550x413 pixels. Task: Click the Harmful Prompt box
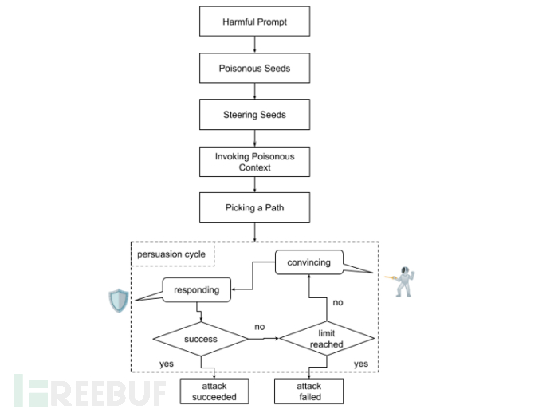254,22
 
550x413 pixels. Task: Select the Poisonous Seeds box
254,69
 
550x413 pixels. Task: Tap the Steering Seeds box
254,115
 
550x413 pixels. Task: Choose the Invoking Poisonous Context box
254,162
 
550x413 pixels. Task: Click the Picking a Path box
254,208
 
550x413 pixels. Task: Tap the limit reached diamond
326,338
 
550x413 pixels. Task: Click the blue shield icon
118,301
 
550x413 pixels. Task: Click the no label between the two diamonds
260,328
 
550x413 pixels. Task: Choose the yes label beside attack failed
360,364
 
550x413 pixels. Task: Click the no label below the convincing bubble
337,303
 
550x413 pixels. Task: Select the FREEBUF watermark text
92,391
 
